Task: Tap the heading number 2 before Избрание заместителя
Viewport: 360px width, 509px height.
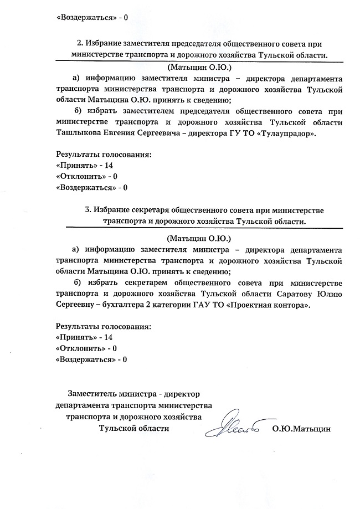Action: (78, 44)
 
